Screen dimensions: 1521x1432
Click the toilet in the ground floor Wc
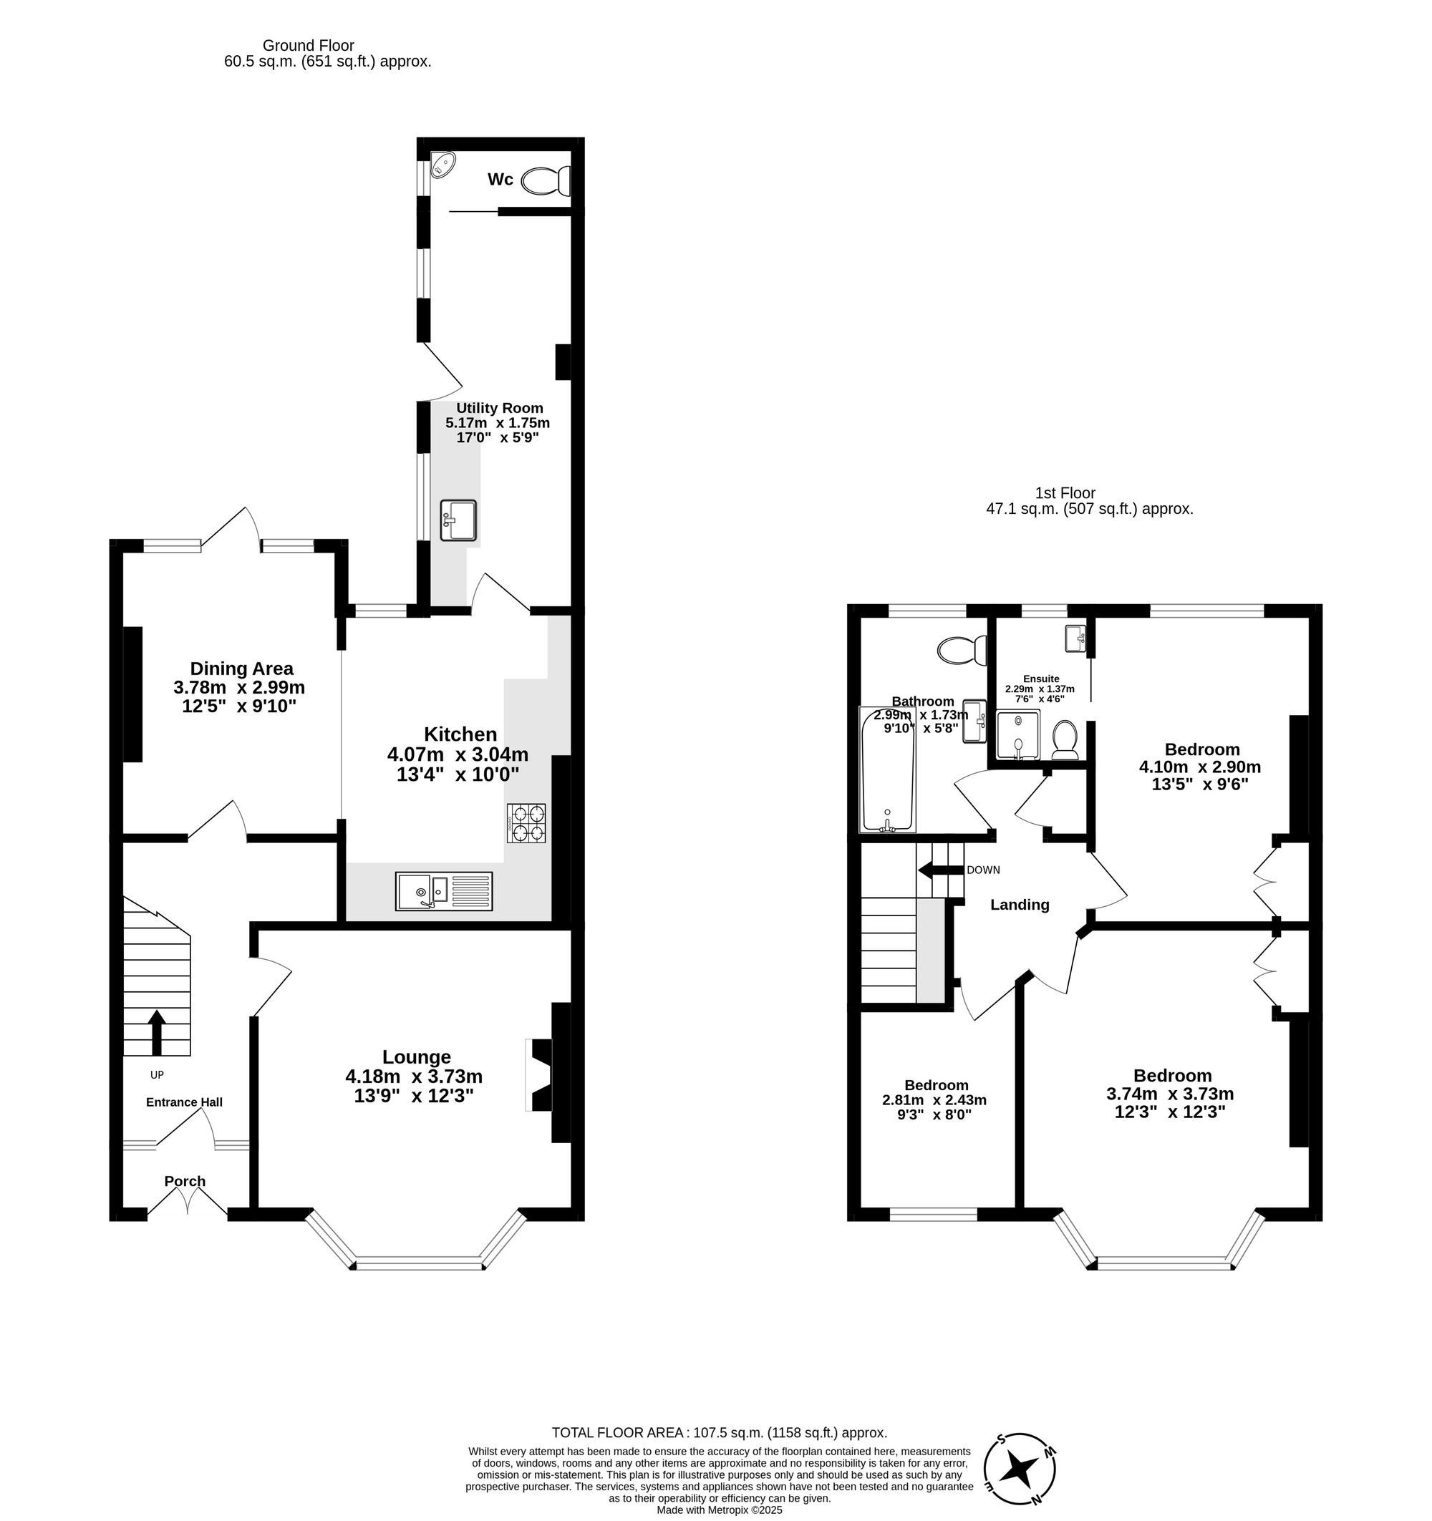point(544,181)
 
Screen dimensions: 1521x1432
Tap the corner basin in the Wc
point(442,164)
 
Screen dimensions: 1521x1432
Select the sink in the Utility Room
point(458,520)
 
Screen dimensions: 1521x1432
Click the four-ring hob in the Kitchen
point(526,823)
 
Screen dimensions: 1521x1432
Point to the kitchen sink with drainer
point(444,891)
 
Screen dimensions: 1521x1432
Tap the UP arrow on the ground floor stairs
point(156,1032)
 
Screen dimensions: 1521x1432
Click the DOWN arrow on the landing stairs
point(940,870)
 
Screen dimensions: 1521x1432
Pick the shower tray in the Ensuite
point(1018,735)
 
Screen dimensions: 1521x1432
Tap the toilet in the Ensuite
point(1065,739)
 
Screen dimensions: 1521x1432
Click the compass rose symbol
point(1020,1469)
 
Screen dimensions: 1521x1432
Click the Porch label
point(185,1181)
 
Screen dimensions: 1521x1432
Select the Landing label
point(1020,905)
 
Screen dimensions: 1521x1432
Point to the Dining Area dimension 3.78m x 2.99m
point(239,688)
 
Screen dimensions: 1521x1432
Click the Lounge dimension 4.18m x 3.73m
point(413,1077)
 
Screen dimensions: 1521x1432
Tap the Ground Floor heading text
point(308,46)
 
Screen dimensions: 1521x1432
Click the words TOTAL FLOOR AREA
point(617,1433)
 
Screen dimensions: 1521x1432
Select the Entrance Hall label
point(185,1102)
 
